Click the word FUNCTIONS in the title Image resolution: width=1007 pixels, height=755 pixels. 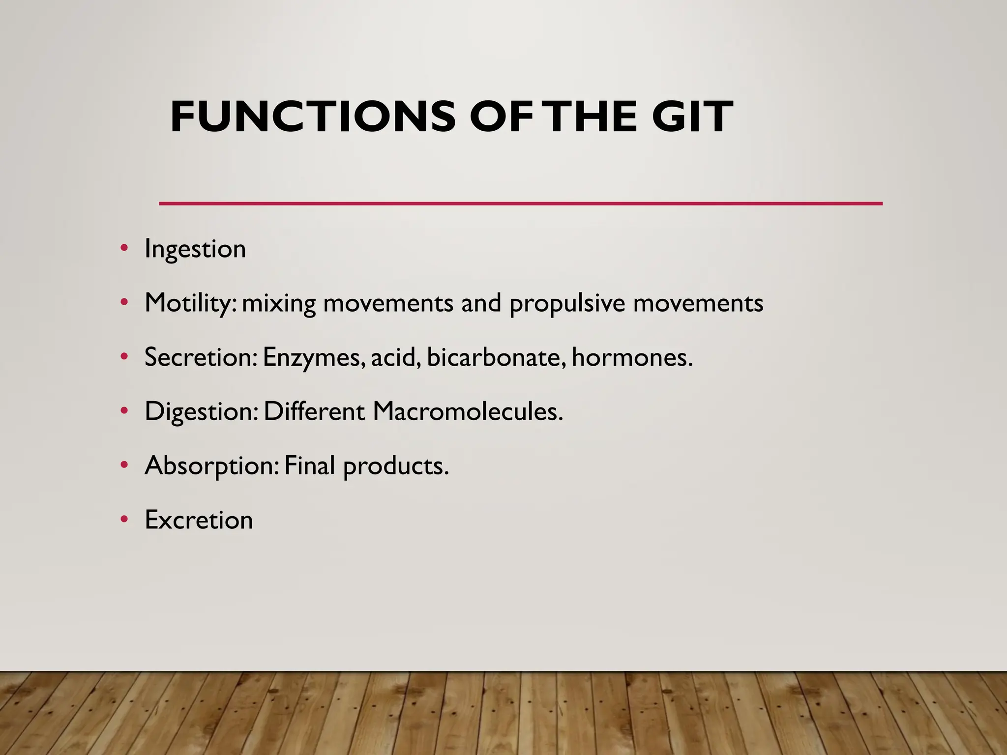tap(313, 117)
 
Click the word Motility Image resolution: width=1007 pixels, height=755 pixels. tap(188, 303)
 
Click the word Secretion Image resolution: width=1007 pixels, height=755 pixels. tap(200, 357)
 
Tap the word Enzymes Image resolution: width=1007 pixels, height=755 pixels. tap(313, 358)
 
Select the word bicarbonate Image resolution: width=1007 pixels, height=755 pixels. tap(493, 357)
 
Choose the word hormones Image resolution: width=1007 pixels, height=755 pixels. tap(631, 357)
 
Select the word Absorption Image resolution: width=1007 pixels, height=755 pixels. tap(211, 466)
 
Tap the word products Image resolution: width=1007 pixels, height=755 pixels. tap(395, 466)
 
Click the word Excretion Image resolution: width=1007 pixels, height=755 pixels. tap(199, 520)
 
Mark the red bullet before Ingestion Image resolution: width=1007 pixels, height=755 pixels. tap(124, 248)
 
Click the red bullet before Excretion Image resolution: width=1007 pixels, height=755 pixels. tap(124, 519)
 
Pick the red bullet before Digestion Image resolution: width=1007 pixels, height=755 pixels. tap(124, 410)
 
